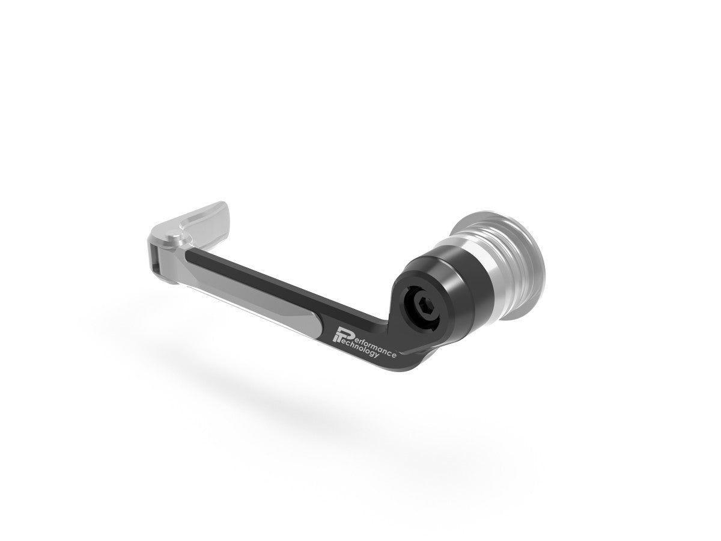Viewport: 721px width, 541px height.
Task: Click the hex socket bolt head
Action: click(420, 307)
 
